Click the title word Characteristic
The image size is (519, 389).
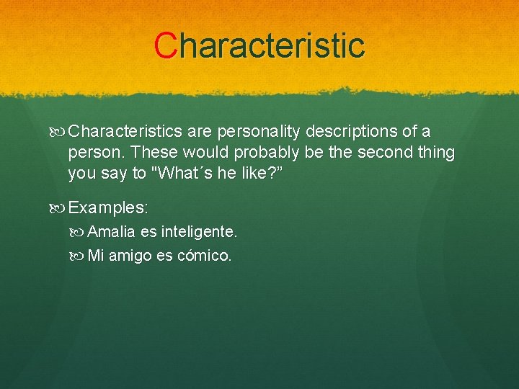(x=259, y=45)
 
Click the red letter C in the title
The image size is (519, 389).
(x=165, y=45)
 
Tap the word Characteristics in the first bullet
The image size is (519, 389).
(x=126, y=132)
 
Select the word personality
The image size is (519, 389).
(x=255, y=132)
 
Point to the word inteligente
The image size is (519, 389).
(x=199, y=232)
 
